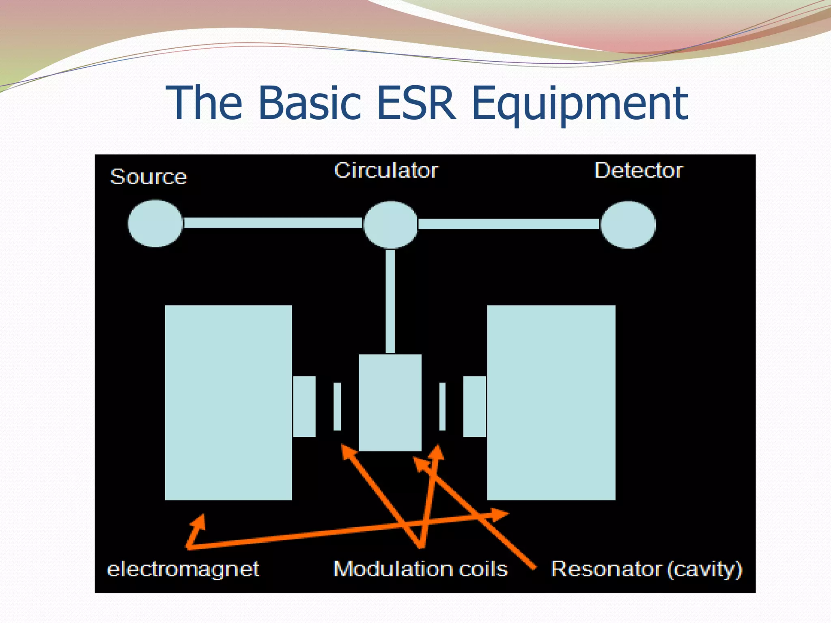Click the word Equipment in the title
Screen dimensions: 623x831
580,105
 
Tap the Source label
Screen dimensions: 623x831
149,176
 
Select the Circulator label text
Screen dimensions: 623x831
386,170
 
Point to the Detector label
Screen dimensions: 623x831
639,170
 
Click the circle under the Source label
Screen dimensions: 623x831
155,223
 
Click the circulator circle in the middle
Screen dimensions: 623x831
390,224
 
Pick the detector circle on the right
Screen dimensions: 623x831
628,224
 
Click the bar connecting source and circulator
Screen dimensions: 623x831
273,223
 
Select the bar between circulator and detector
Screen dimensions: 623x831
509,224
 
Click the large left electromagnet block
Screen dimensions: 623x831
228,402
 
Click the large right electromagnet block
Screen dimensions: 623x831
551,402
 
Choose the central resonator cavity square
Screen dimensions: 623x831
390,402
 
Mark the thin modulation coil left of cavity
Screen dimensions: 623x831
337,406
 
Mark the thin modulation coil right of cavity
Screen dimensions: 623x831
442,406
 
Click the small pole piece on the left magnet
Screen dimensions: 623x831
304,406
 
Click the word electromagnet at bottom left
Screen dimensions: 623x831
183,569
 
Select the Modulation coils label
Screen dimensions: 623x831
420,569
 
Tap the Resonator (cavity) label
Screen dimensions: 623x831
646,569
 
